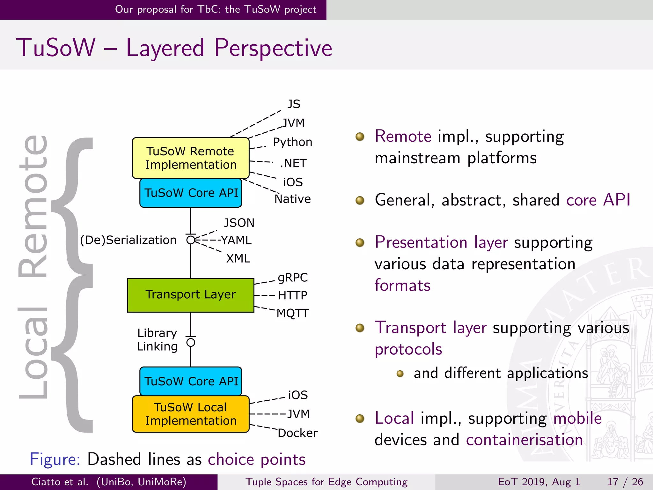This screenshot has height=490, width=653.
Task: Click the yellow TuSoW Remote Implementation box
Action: [x=190, y=158]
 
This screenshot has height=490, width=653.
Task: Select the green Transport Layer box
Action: [x=190, y=295]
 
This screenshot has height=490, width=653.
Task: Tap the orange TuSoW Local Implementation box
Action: [x=190, y=414]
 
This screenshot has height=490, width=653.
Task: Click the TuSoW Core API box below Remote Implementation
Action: [x=191, y=193]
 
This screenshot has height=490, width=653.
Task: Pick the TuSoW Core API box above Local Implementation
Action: [x=191, y=381]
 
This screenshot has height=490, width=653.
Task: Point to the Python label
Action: [x=292, y=142]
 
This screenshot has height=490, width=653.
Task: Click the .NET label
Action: [x=293, y=163]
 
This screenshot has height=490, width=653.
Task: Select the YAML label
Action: [x=236, y=240]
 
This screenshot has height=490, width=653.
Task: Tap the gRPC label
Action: [x=293, y=278]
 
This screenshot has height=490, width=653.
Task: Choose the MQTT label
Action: [x=292, y=313]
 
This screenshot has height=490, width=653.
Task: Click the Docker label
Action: [x=297, y=433]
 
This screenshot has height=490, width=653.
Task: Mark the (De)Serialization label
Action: [x=128, y=240]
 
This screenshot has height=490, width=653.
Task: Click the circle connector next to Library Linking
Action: [x=191, y=343]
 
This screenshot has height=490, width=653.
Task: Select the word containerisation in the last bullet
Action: [x=524, y=440]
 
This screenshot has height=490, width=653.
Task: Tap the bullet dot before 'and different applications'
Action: [x=400, y=374]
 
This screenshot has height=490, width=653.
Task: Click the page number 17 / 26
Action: [x=625, y=482]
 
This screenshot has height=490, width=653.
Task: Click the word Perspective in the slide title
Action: [x=273, y=48]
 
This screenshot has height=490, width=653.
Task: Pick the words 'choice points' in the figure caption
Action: [x=257, y=459]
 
